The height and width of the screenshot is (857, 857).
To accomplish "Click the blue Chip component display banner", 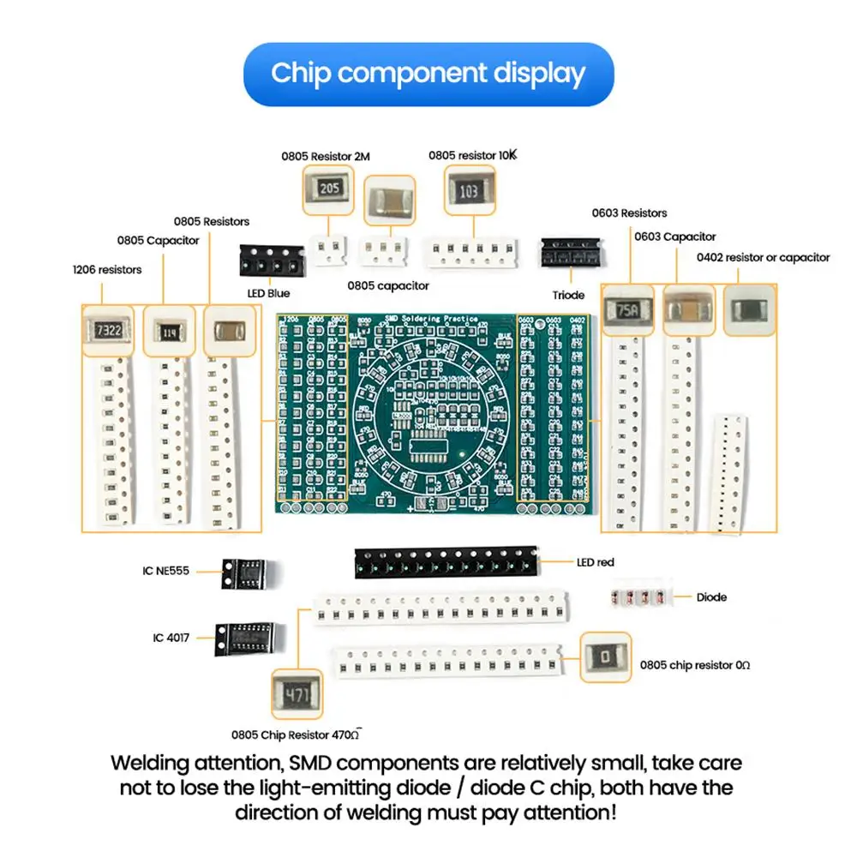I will tap(428, 74).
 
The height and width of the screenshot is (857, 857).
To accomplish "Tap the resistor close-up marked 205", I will tap(328, 189).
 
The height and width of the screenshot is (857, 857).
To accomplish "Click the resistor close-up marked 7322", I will tap(109, 330).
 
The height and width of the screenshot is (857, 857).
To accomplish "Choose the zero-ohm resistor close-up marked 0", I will tap(606, 657).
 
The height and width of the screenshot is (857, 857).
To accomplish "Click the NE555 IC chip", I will tap(243, 571).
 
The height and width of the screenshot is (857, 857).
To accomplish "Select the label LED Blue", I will tap(267, 293).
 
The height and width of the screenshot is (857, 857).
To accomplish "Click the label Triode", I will tap(568, 295).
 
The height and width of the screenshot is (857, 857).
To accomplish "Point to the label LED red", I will tap(595, 562).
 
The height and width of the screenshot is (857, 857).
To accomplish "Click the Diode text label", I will tap(711, 596).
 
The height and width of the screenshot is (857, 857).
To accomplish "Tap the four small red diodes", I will tap(639, 596).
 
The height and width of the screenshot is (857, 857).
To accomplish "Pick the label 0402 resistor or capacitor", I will tap(763, 257).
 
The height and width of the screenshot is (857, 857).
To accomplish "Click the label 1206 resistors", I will tap(107, 269).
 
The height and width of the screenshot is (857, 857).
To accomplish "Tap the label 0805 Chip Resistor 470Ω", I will tap(298, 734).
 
